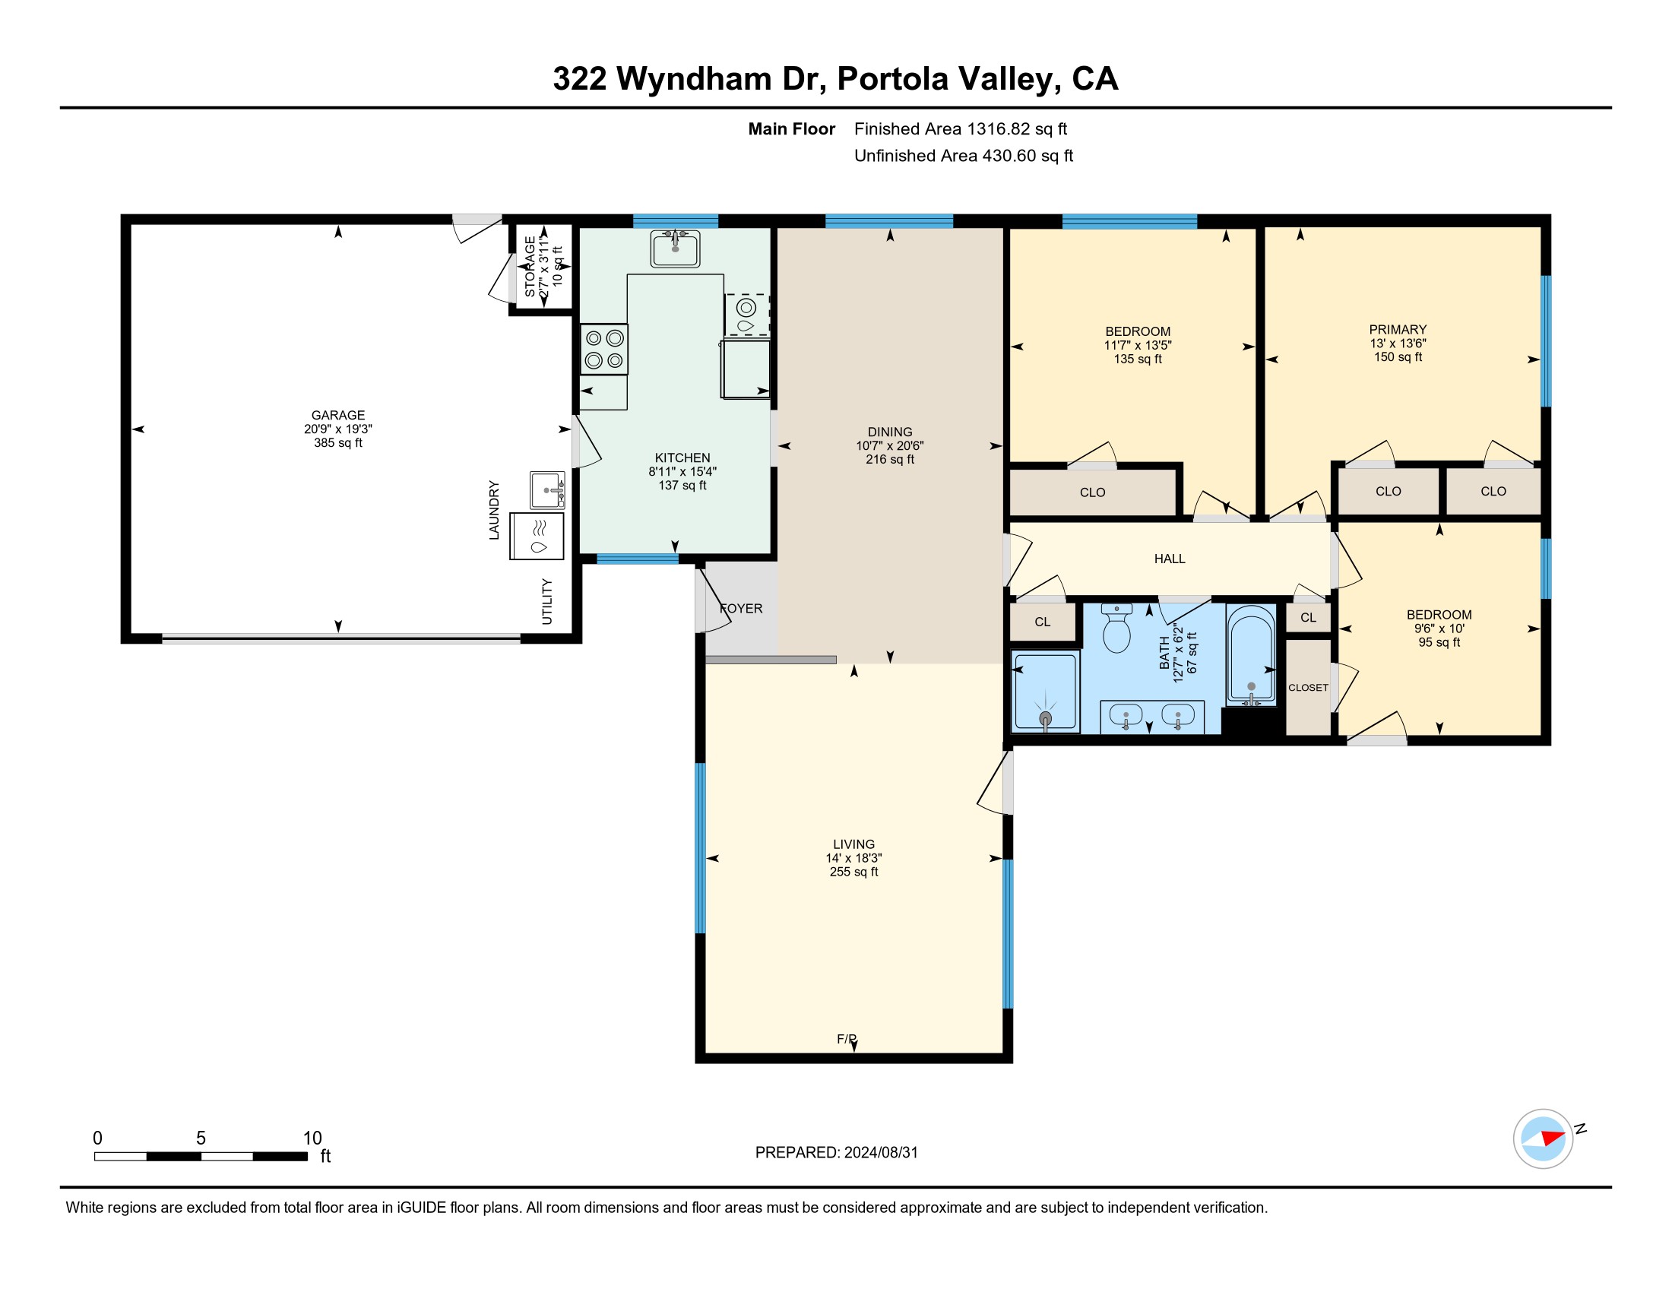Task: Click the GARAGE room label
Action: (x=337, y=415)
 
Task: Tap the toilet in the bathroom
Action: (x=1117, y=628)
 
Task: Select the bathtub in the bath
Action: (x=1251, y=655)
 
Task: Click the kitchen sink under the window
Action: (x=675, y=248)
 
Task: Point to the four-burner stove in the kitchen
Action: (x=604, y=349)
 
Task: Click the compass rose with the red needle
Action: (x=1544, y=1138)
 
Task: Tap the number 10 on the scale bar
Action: (x=312, y=1138)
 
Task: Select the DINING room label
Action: (x=890, y=432)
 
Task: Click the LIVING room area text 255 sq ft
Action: (x=853, y=872)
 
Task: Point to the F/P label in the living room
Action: (x=847, y=1039)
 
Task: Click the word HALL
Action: (x=1170, y=559)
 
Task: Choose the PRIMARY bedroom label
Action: (x=1398, y=329)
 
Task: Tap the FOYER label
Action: (x=741, y=609)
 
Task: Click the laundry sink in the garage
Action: (x=547, y=490)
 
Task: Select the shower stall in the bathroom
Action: (x=1045, y=691)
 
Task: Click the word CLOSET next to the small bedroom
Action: (x=1309, y=687)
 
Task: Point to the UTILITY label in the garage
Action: (x=546, y=602)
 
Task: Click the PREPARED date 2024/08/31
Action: (x=880, y=1152)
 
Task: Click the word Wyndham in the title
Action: (x=695, y=79)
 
